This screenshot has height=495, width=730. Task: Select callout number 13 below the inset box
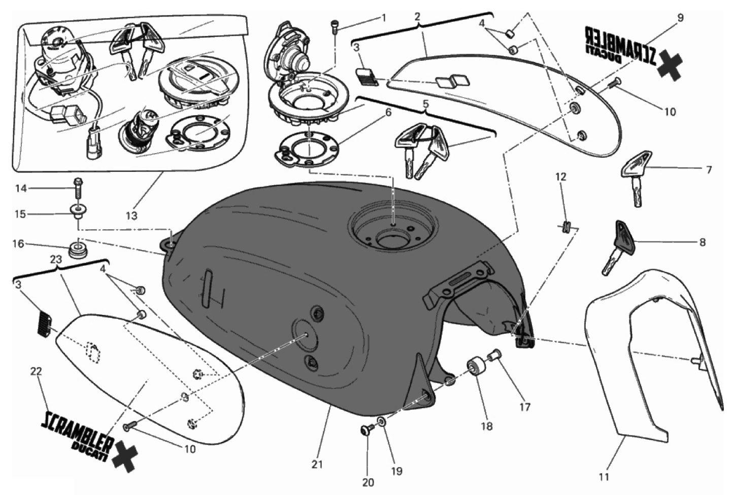pyautogui.click(x=131, y=216)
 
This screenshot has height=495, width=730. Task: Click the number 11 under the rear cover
pyautogui.click(x=604, y=476)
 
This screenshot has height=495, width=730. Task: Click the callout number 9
pyautogui.click(x=680, y=18)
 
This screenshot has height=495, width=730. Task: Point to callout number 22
pyautogui.click(x=35, y=372)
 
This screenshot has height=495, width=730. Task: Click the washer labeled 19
pyautogui.click(x=381, y=420)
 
